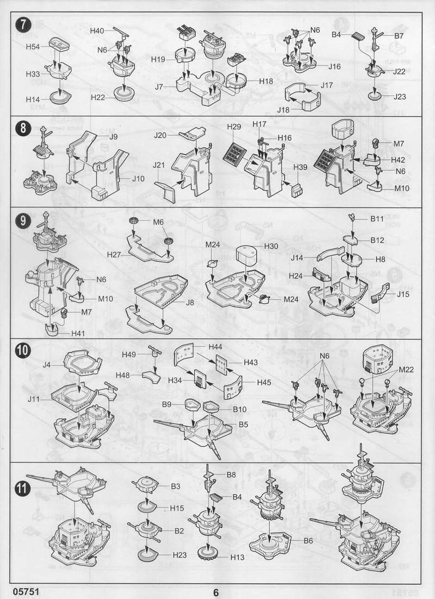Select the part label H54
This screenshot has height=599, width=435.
coord(33,47)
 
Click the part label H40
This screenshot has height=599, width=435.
coord(97,31)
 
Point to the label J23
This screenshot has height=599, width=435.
coord(400,97)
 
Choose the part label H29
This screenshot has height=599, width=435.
coord(234,127)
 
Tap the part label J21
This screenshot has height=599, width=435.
coord(159,165)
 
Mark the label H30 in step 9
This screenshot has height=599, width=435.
coord(271,247)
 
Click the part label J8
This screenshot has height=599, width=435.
coord(190,302)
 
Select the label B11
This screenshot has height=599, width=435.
coord(377,219)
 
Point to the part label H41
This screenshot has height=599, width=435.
coord(78,333)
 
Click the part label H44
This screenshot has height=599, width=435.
coord(215,347)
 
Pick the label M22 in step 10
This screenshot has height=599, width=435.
coord(406,370)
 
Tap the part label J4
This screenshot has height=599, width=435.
coord(46,365)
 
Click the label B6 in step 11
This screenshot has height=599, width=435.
coord(308,541)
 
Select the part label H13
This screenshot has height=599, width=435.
coord(237,557)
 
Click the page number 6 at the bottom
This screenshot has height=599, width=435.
coord(216,592)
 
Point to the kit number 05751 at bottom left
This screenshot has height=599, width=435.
coord(26,591)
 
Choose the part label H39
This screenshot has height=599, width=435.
coord(300,167)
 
